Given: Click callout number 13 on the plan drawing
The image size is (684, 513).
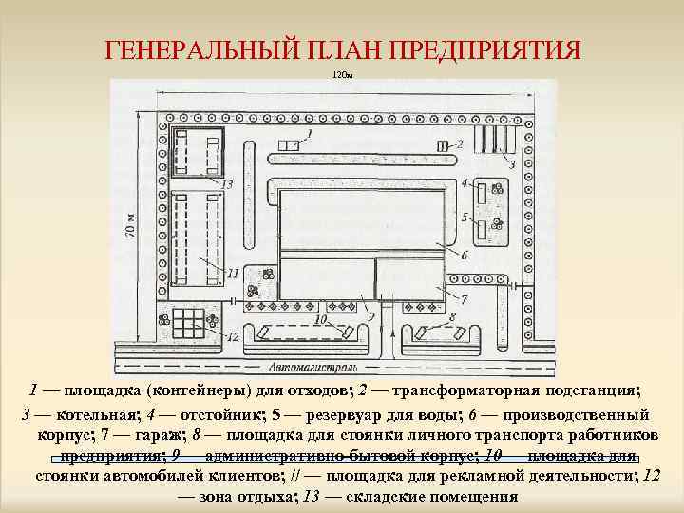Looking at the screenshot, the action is pyautogui.click(x=226, y=183).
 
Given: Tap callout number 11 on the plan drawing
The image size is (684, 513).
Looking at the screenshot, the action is pyautogui.click(x=233, y=273).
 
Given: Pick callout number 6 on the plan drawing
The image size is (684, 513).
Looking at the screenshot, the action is pyautogui.click(x=464, y=255).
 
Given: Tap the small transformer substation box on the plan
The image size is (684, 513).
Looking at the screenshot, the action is pyautogui.click(x=443, y=145).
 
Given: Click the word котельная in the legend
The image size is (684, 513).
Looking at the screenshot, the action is pyautogui.click(x=88, y=415).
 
